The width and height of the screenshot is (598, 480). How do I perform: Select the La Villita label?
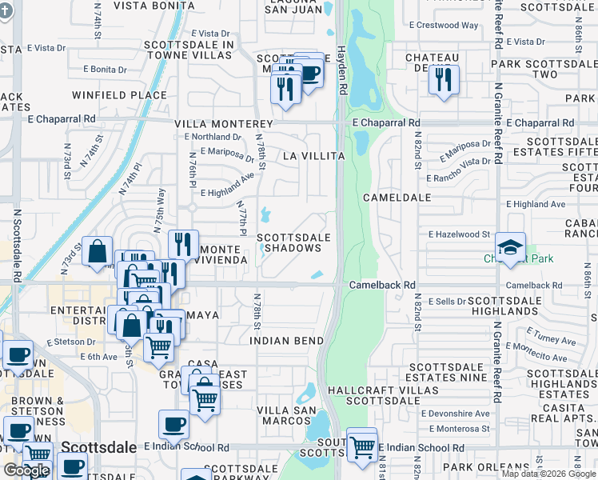click(313, 156)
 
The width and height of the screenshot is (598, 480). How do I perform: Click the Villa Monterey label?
click(224, 125)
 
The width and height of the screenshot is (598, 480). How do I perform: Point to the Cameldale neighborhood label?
click(397, 197)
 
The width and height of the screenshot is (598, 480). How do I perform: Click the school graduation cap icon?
click(510, 246)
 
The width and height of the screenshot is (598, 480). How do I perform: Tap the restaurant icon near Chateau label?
click(441, 79)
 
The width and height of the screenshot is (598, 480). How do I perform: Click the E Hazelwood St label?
click(459, 234)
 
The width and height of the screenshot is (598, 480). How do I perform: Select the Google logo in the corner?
click(26, 470)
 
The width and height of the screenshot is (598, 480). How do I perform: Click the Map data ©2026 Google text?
click(548, 474)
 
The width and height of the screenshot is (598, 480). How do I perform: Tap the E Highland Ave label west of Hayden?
click(227, 193)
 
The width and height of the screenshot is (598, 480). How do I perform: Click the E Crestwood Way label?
click(444, 25)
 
